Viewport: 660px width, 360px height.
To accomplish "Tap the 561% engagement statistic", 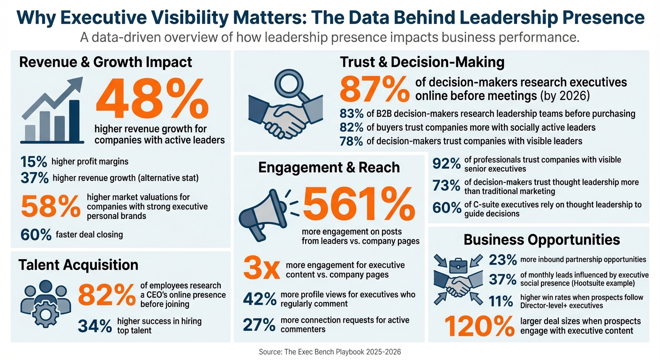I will (359, 205).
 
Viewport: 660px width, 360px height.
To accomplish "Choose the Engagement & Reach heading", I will (329, 167).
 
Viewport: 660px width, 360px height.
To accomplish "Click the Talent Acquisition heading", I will (78, 265).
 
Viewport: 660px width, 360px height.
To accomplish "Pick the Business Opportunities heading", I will (541, 240).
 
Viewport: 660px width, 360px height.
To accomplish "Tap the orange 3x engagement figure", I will (261, 270).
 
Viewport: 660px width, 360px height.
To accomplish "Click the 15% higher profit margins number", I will (34, 162).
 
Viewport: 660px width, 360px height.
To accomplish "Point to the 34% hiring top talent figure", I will (94, 326).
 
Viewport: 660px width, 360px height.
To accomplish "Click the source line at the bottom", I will (330, 352).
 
